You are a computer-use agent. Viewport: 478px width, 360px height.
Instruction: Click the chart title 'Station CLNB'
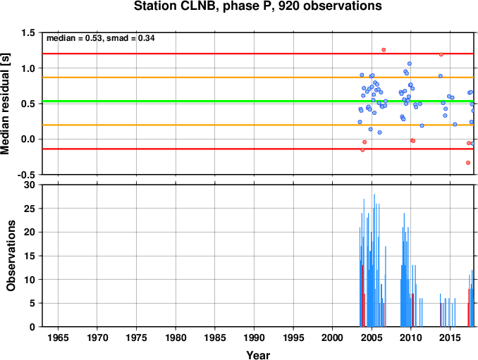176,6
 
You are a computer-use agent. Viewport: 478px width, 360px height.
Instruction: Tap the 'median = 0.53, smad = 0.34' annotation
101,38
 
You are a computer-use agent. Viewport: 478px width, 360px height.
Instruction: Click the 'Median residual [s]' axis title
5,104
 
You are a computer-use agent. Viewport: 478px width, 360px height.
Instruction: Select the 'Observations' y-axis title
11,256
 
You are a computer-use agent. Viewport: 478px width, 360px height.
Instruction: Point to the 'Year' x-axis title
258,355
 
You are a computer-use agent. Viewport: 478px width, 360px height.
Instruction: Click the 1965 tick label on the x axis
58,337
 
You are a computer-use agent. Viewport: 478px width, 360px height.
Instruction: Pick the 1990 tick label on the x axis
254,337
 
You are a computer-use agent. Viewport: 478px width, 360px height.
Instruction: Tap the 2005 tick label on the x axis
372,337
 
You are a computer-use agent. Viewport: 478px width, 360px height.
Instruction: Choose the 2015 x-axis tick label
450,337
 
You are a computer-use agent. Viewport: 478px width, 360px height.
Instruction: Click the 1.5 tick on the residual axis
28,32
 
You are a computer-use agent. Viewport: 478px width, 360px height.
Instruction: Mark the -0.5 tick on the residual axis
26,175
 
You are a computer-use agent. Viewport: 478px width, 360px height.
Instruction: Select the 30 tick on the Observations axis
30,185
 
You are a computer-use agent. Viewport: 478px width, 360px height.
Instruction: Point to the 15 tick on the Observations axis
30,256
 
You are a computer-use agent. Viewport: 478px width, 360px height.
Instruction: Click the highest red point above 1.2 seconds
384,49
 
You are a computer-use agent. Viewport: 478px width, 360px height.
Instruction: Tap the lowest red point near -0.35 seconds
468,163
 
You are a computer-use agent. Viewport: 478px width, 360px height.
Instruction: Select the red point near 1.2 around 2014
441,54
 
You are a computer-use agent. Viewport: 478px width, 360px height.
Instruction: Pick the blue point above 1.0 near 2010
410,63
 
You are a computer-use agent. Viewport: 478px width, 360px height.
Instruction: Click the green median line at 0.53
258,101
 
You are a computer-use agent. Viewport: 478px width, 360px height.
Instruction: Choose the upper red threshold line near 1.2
258,54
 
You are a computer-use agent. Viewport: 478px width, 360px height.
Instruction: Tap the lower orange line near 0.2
258,125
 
